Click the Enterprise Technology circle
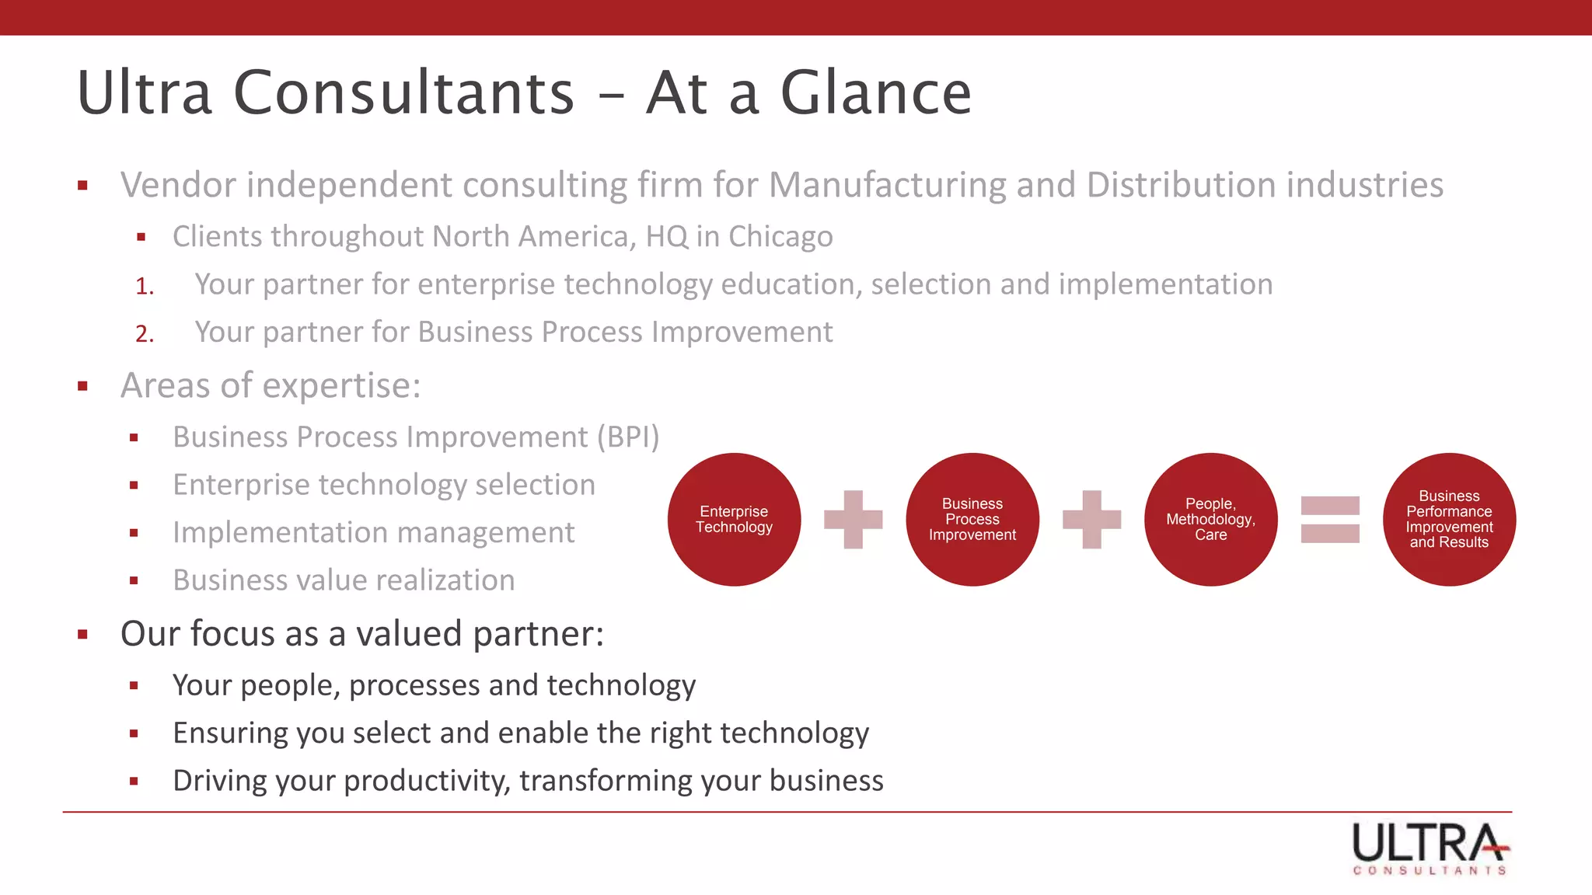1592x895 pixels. click(734, 519)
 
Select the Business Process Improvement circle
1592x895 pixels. click(972, 519)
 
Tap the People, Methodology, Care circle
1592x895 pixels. click(1210, 519)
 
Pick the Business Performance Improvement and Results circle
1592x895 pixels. click(1449, 519)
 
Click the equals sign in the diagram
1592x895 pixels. click(1330, 519)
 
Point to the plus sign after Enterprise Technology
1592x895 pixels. click(853, 519)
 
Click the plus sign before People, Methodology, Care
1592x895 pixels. click(1091, 519)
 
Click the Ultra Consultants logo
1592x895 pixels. click(1430, 848)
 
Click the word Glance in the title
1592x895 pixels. click(875, 93)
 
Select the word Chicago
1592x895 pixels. click(780, 236)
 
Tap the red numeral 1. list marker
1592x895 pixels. click(145, 287)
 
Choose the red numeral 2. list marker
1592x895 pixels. click(145, 334)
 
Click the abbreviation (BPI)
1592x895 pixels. click(628, 437)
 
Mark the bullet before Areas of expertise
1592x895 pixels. click(82, 386)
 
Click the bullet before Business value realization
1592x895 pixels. click(134, 580)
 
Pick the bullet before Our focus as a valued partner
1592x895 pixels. click(82, 635)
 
